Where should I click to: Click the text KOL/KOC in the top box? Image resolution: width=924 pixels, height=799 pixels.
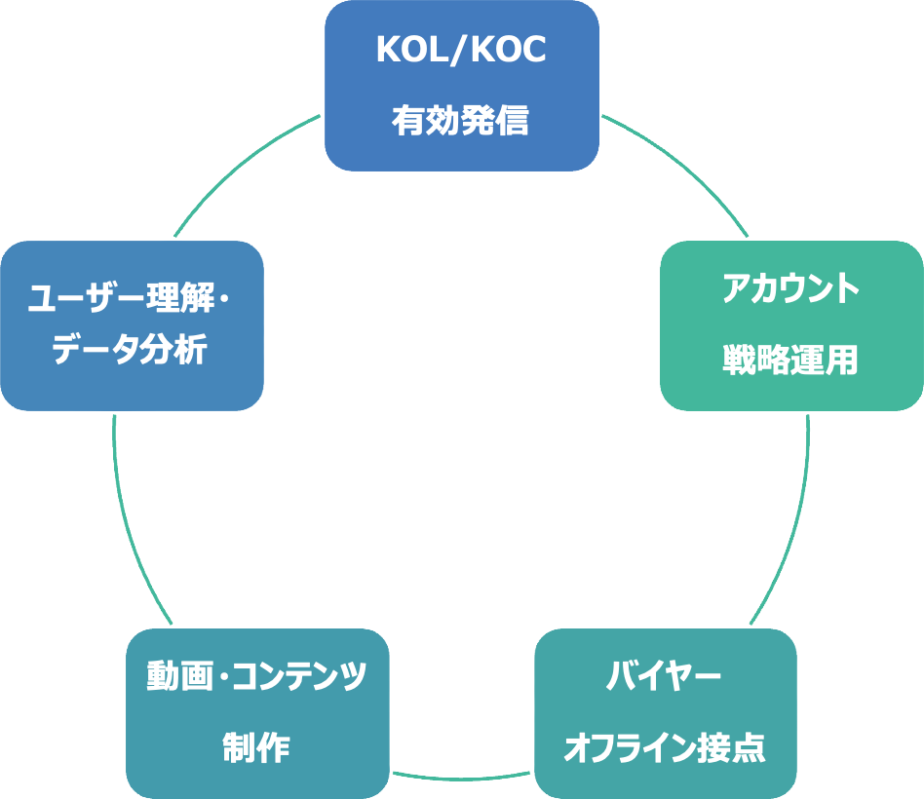point(461,52)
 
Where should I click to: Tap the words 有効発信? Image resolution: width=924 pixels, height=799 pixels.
point(461,121)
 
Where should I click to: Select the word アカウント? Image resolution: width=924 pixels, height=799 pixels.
point(791,289)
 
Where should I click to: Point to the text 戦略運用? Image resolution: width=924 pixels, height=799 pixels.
point(791,360)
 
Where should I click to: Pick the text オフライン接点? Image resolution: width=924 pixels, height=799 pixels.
point(665,748)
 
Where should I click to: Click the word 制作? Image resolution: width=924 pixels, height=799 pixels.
point(257,748)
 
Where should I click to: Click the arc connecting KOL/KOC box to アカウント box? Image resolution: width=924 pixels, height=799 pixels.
point(682,167)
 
